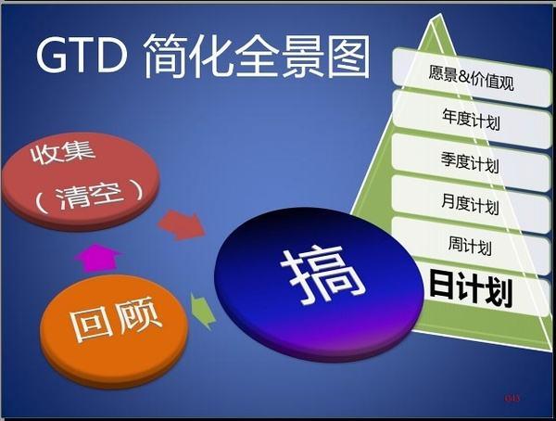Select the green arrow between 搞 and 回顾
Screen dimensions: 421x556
pos(204,310)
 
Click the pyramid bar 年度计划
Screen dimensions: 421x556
pos(472,119)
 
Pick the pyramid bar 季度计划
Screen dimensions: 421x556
pos(471,163)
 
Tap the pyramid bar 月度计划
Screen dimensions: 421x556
pos(472,204)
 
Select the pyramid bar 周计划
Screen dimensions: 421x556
pos(469,247)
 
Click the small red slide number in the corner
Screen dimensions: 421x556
pos(512,399)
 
